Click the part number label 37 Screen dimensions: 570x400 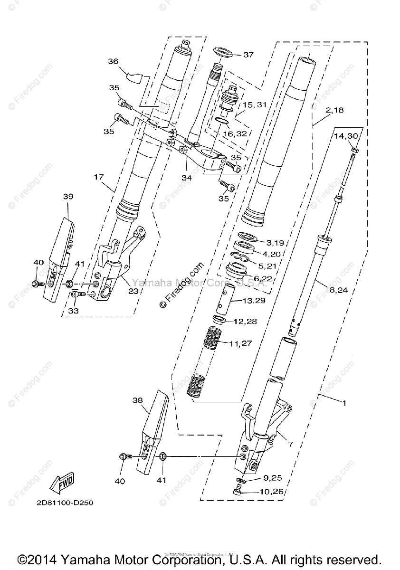point(248,55)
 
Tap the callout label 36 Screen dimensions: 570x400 point(113,61)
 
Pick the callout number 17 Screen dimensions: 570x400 point(98,178)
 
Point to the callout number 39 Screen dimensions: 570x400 point(68,196)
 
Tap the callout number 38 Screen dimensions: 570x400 point(138,400)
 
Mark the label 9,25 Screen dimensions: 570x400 point(269,477)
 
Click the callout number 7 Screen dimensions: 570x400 point(290,445)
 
